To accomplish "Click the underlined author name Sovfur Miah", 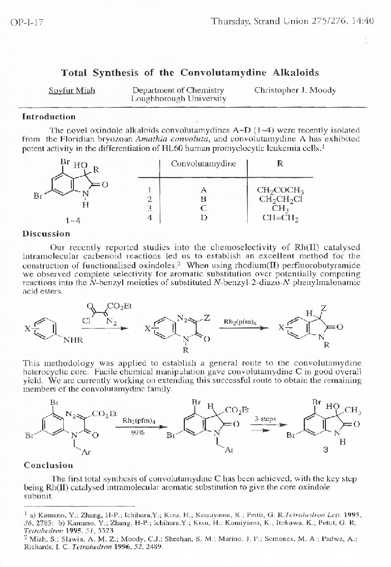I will pos(72,90).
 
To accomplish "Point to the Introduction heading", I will pos(48,117).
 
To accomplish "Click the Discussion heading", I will pos(46,234).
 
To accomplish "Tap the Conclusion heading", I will pos(48,465).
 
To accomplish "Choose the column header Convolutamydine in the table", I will pos(203,164).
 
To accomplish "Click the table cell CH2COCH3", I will pos(280,189).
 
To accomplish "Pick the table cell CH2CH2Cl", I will pos(280,199).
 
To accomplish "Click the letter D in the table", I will pos(203,218).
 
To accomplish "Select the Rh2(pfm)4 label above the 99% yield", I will pos(138,420).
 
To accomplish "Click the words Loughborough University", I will pos(178,99).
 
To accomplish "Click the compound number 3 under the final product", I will pos(326,450).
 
